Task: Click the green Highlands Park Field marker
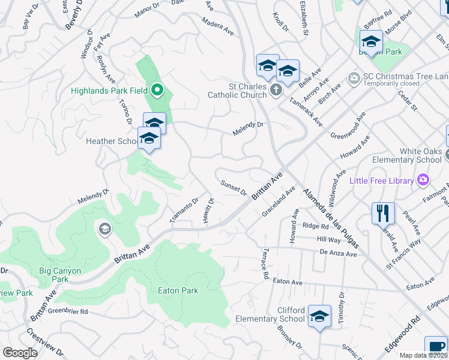[157, 91]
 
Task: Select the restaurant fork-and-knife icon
[383, 212]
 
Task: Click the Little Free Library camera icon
[423, 180]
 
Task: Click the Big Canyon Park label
[60, 275]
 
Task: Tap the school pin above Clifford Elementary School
[320, 316]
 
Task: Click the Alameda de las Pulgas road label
[324, 209]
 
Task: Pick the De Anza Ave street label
[339, 254]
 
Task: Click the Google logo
[20, 353]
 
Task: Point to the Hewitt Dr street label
[208, 212]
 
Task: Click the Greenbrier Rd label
[68, 311]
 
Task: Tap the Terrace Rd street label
[265, 265]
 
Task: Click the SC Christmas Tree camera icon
[354, 77]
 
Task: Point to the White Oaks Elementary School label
[407, 156]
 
